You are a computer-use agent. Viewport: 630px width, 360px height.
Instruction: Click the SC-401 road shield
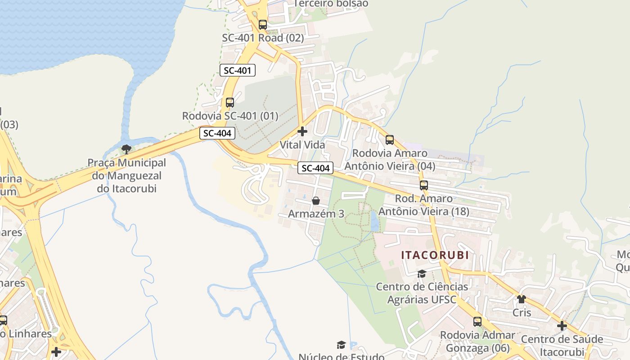coord(238,70)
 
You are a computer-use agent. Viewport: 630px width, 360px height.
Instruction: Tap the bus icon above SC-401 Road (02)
coord(263,25)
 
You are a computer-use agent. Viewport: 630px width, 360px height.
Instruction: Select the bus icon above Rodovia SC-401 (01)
coord(230,103)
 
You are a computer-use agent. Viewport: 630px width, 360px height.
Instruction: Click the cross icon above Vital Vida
coord(302,131)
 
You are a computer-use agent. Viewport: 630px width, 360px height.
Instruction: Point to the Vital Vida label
coord(302,145)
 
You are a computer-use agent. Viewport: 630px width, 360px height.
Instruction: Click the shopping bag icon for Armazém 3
coord(316,201)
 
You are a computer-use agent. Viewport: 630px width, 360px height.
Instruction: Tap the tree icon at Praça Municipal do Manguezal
coord(126,149)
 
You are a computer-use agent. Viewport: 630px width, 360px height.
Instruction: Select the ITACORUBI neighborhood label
coord(435,255)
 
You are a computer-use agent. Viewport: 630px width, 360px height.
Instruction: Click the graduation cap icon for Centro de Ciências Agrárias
coord(422,274)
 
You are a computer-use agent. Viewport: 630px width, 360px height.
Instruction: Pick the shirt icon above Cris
coord(522,299)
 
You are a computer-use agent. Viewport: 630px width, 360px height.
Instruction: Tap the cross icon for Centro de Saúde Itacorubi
coord(562,325)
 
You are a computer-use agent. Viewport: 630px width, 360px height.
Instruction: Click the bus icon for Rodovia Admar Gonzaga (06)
coord(477,322)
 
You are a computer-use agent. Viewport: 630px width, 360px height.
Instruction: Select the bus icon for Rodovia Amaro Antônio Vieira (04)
coord(390,140)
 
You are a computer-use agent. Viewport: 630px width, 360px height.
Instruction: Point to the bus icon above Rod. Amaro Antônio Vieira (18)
coord(423,185)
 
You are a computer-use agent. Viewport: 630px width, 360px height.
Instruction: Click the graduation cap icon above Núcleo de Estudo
coord(342,345)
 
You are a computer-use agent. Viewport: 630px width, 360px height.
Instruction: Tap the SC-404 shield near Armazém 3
coord(315,168)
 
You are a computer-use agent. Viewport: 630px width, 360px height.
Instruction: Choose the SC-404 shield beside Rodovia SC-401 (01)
coord(217,133)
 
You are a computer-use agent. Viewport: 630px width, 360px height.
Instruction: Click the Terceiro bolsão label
coord(331,4)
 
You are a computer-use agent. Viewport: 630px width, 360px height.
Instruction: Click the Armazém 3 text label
coord(316,214)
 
